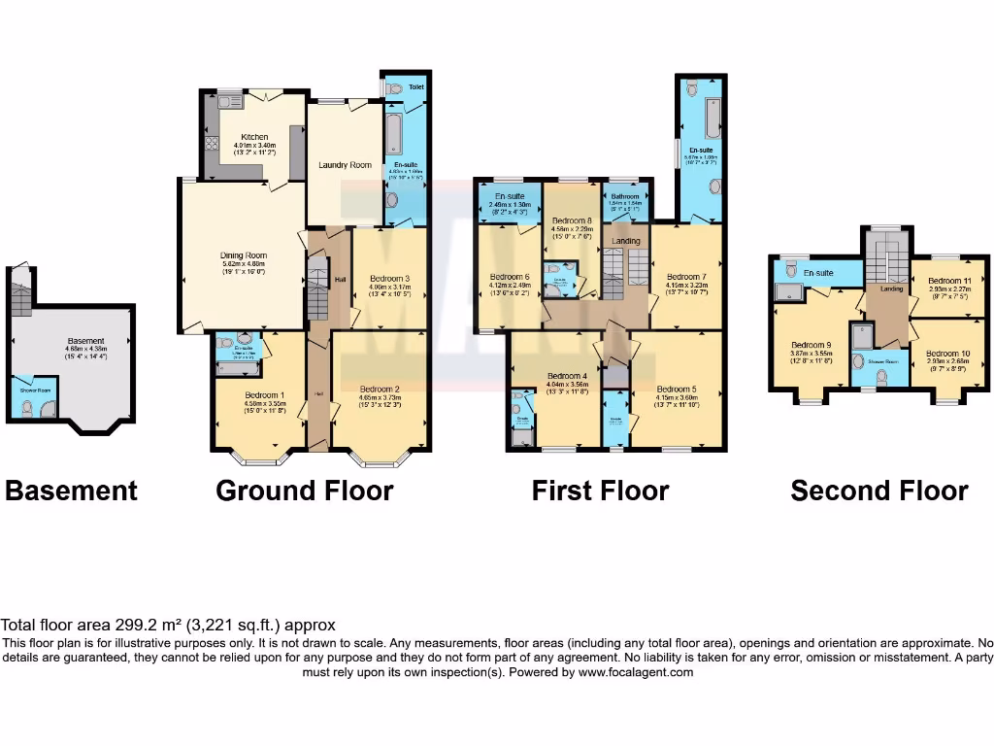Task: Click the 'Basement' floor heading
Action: click(x=72, y=491)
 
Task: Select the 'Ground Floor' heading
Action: click(x=304, y=491)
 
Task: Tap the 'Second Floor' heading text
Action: click(x=878, y=491)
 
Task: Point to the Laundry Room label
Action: click(x=345, y=165)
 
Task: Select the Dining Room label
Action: click(x=243, y=256)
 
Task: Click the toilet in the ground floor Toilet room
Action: click(x=394, y=88)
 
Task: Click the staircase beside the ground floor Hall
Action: click(x=316, y=282)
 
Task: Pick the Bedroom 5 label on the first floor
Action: click(x=676, y=389)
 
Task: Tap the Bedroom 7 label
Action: click(x=687, y=275)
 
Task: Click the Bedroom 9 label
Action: click(x=811, y=345)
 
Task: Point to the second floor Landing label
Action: click(x=891, y=288)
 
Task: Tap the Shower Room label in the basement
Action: click(x=36, y=391)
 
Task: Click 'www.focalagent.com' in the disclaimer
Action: click(x=636, y=672)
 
